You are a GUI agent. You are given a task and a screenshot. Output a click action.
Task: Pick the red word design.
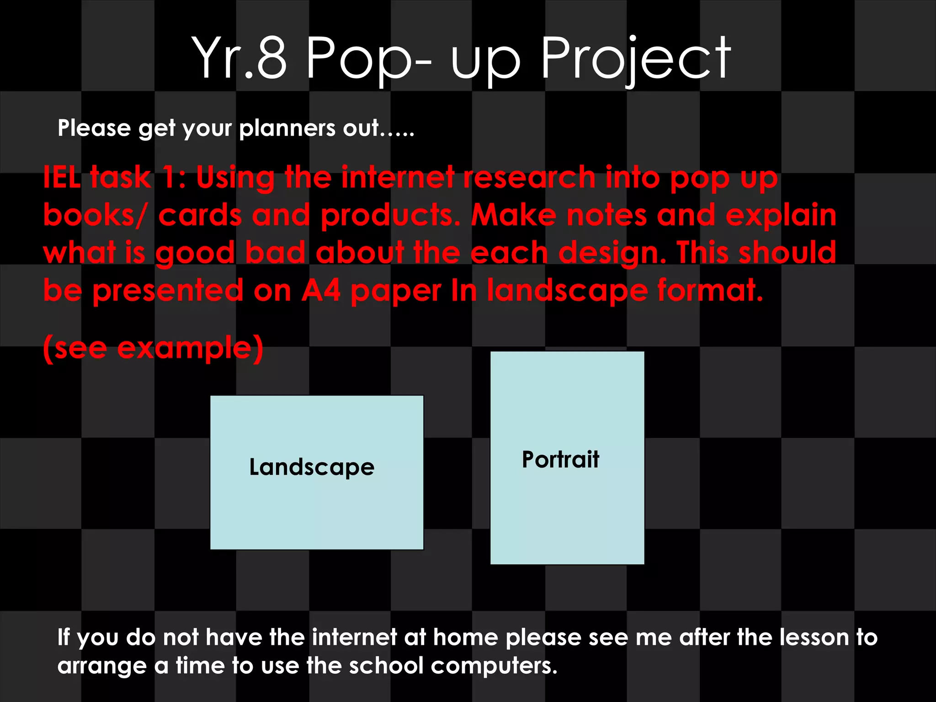612,254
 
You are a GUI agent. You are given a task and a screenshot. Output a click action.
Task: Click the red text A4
321,291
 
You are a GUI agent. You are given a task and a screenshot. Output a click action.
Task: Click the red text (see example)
153,348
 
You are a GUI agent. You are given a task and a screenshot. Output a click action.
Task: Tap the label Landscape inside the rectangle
312,467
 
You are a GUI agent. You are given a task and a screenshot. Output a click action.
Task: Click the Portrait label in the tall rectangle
560,459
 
